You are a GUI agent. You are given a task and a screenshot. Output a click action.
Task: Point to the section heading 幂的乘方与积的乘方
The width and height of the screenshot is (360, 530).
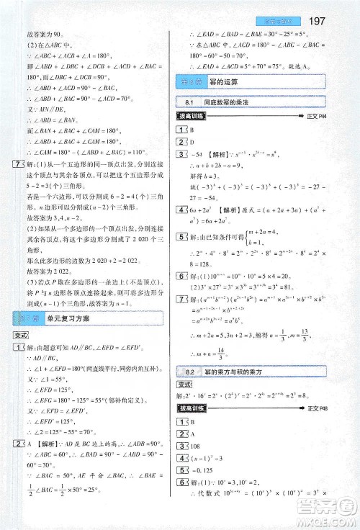coord(238,372)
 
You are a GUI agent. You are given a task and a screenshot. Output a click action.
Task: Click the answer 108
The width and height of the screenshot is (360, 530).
coord(196,447)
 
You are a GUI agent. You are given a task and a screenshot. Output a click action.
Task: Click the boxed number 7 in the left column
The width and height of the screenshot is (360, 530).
coord(8,165)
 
